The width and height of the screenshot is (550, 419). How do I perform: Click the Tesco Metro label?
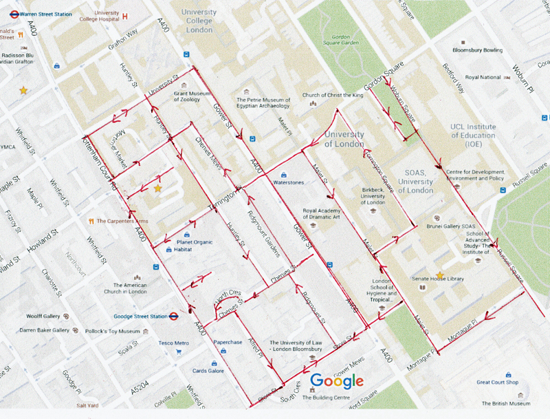[x=173, y=343]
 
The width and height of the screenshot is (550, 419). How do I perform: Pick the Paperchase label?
[x=228, y=341]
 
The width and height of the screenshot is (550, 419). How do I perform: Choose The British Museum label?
[x=506, y=403]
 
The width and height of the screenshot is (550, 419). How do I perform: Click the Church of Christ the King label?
[x=332, y=95]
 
